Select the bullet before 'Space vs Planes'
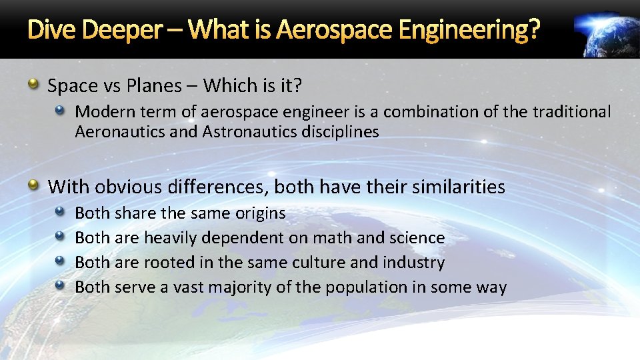(x=33, y=85)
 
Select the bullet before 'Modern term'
(x=60, y=111)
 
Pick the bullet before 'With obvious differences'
(x=33, y=186)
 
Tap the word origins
(x=260, y=213)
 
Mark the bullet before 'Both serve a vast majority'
(x=60, y=287)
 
